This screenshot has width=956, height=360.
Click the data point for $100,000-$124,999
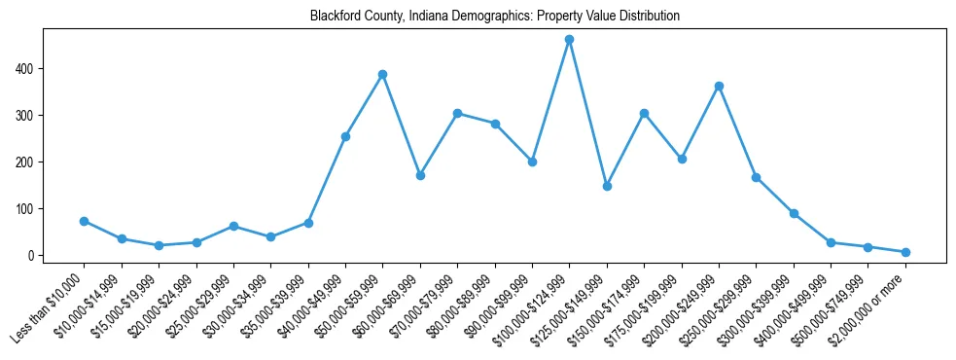[x=569, y=40]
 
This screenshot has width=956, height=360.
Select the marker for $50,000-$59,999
[x=383, y=74]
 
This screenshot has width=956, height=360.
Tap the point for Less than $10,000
[x=85, y=221]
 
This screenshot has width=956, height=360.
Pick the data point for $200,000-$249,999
[x=719, y=87]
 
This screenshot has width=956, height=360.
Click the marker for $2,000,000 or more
[x=905, y=252]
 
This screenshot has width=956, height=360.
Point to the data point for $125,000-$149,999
[x=607, y=186]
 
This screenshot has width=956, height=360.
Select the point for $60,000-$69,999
[x=420, y=175]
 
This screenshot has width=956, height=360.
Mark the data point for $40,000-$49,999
[x=345, y=136]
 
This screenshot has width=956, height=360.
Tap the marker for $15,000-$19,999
[x=159, y=245]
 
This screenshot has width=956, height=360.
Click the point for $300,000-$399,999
[x=794, y=213]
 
